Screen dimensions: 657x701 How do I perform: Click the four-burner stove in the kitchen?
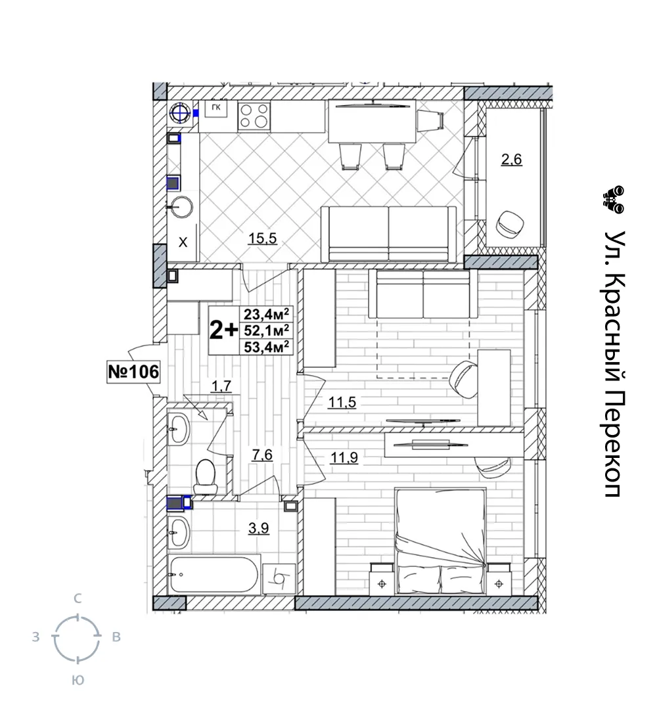point(254,116)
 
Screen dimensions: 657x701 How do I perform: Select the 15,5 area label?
point(262,238)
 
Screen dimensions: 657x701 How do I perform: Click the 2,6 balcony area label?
point(511,159)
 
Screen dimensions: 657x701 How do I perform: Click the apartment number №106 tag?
point(133,371)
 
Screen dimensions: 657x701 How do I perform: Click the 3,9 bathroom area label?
point(259,528)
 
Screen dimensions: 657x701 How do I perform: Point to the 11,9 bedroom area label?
point(344,458)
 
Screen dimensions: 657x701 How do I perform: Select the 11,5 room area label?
point(342,402)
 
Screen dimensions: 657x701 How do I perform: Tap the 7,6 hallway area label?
point(262,455)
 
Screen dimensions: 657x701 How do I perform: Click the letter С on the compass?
point(78,599)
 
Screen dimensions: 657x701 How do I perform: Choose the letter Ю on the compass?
point(78,681)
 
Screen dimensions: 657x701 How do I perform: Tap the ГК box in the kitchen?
point(216,108)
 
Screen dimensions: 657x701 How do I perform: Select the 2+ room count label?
point(224,330)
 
